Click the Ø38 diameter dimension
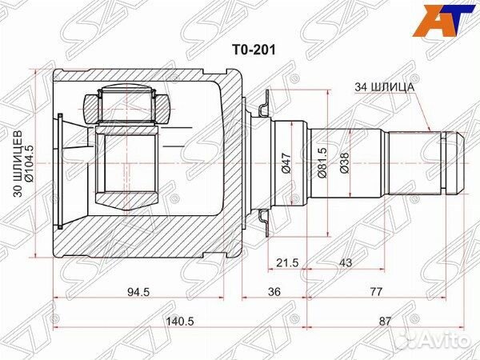pyautogui.click(x=344, y=163)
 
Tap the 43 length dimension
pyautogui.click(x=346, y=263)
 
